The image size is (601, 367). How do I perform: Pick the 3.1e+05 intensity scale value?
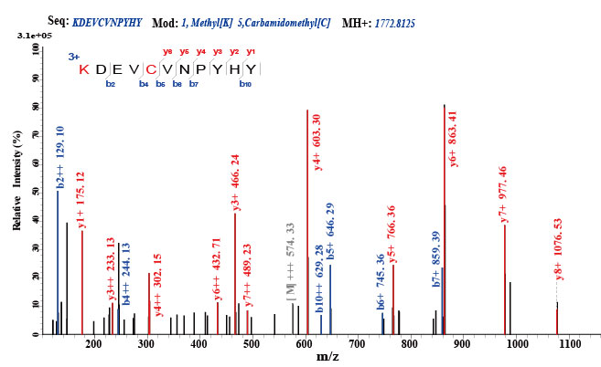click(20, 36)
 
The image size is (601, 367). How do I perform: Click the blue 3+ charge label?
click(74, 57)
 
